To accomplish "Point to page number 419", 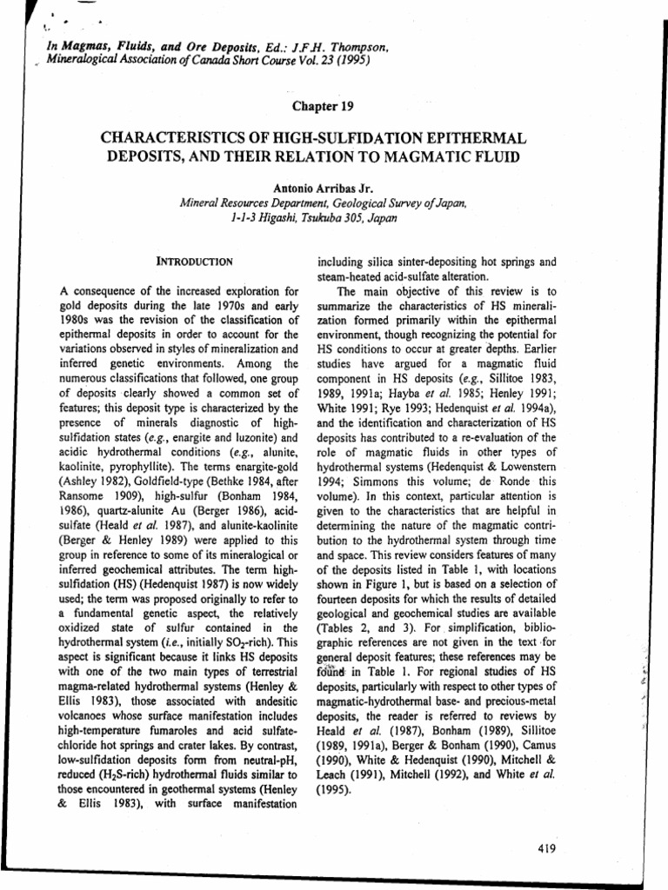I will click(x=547, y=848).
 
